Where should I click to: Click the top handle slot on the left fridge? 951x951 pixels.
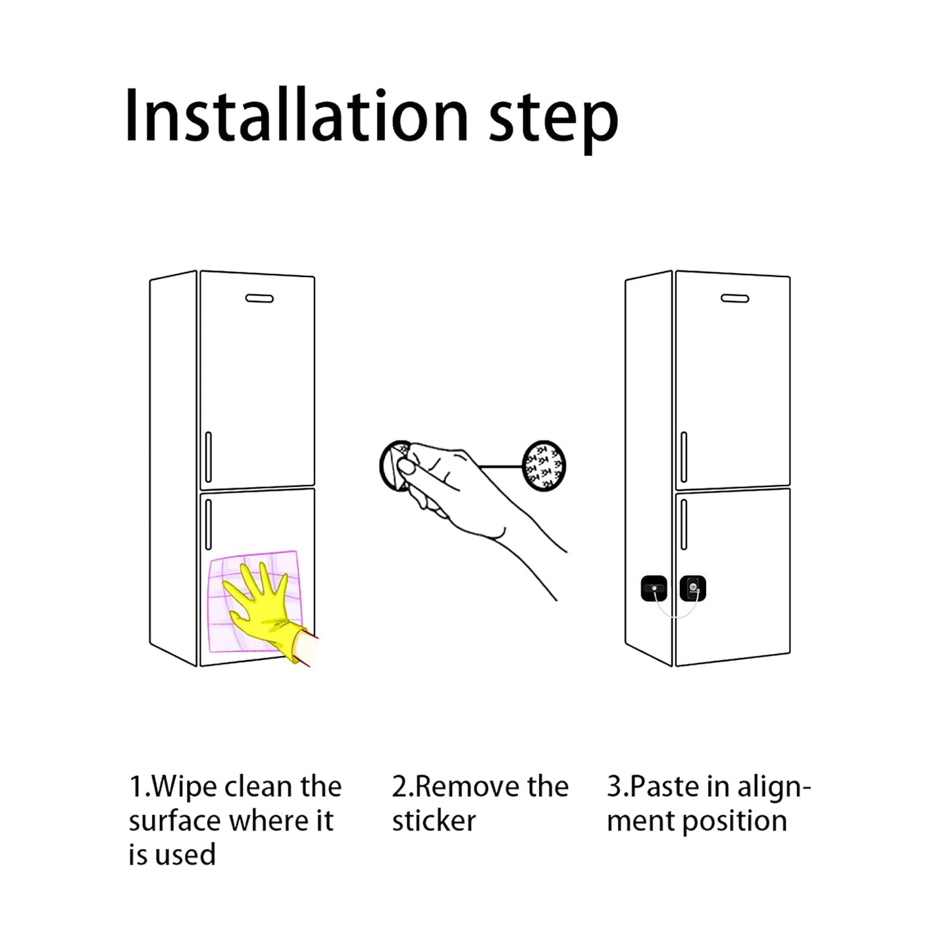(x=259, y=299)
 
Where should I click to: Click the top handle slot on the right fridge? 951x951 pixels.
(x=734, y=299)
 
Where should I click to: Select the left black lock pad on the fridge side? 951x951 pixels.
(x=654, y=588)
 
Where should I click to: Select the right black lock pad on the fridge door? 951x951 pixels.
(x=692, y=588)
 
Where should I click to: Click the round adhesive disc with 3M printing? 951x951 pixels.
(x=544, y=465)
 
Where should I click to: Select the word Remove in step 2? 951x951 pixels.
(x=459, y=787)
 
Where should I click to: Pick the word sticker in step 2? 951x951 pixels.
(x=434, y=821)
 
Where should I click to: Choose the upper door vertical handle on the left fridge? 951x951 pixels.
(x=209, y=457)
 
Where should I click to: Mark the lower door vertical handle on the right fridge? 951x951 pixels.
(x=684, y=524)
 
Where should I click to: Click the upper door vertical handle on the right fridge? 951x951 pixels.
(x=684, y=457)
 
